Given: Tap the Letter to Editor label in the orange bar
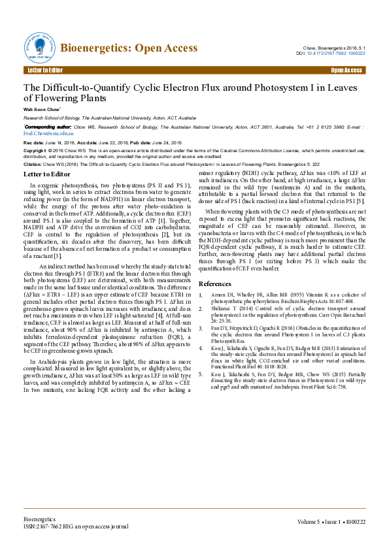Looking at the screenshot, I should (46, 70).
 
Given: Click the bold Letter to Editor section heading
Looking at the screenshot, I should (49, 174).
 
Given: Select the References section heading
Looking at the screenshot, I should (215, 283).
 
